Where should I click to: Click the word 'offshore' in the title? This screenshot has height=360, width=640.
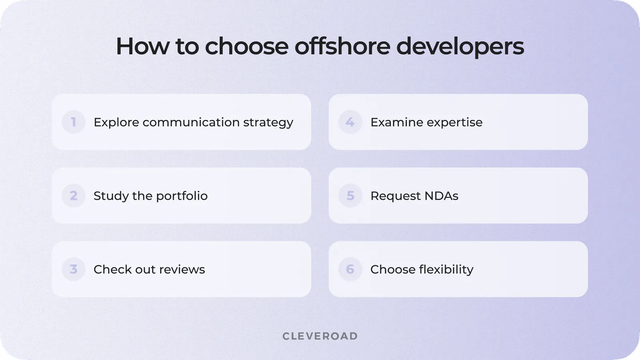342,46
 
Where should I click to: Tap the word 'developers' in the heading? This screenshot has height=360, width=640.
460,47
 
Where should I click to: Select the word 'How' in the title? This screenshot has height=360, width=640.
142,46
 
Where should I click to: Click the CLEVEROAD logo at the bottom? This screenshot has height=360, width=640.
320,336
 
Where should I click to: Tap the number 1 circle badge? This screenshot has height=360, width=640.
74,122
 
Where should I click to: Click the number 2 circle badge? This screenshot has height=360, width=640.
74,196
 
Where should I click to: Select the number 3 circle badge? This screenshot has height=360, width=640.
74,269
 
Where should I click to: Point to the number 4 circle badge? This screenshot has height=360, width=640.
350,122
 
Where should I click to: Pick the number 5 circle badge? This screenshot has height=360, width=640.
350,196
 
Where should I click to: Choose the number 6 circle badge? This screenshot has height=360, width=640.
350,269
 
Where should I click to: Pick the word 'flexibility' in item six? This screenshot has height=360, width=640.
446,270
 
